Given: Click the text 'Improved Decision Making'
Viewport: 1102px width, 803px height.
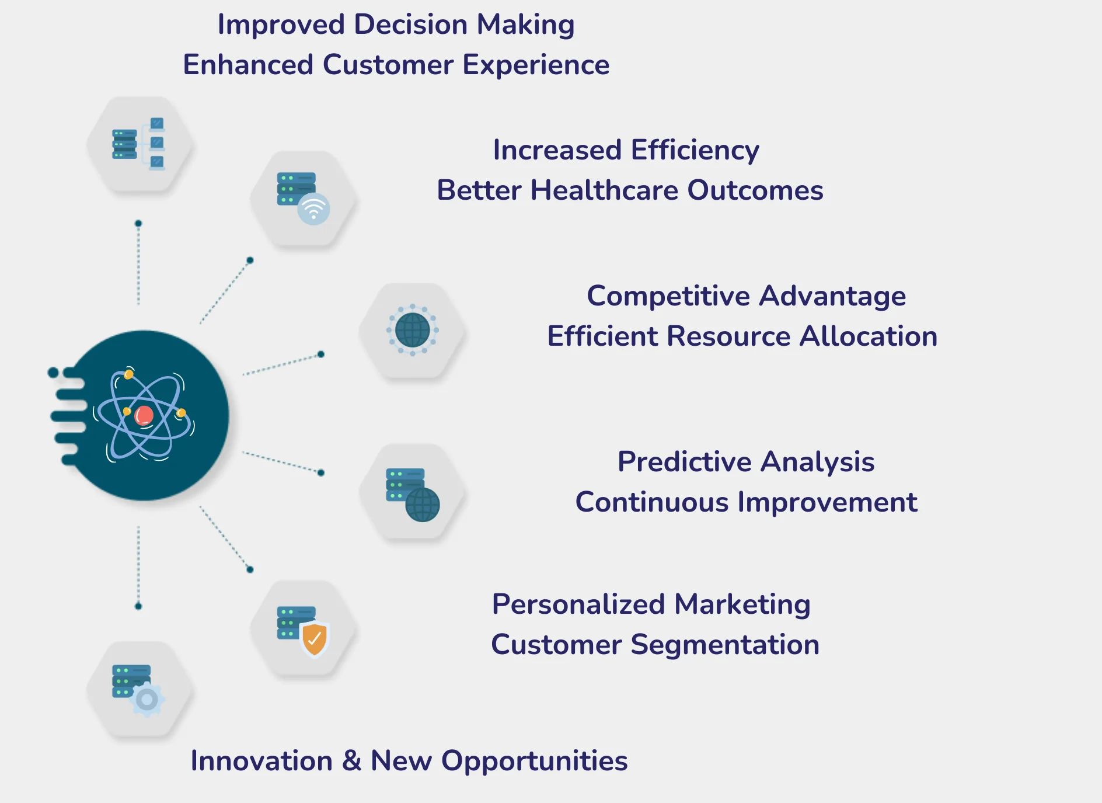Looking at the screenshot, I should pos(396,25).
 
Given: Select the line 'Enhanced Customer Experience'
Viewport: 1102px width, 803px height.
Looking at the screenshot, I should pos(396,65).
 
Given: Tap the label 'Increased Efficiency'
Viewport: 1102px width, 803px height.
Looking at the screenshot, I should pos(626,150).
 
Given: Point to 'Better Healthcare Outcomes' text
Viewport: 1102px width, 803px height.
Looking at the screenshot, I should pos(630,190).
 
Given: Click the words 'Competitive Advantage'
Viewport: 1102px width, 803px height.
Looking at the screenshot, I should pos(746,296).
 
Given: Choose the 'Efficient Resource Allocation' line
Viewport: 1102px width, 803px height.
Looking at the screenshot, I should pos(742,336).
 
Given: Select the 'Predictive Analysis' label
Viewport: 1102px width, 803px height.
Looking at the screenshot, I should pos(746,462).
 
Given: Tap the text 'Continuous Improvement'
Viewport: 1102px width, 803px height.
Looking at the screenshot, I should pos(746,502).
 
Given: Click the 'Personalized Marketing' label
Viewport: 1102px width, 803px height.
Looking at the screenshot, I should pos(651,604).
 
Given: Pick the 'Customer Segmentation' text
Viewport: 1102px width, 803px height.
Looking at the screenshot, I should pos(655,645).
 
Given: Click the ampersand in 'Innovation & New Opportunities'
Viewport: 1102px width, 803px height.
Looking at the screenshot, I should pos(351,761).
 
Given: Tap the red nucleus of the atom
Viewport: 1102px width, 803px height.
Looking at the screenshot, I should pos(144,416).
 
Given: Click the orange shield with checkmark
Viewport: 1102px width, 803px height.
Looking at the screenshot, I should pos(315,639).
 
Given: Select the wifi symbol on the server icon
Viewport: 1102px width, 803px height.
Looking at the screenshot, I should pos(313,208).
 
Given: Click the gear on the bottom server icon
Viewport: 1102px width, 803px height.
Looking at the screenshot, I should pos(147,699).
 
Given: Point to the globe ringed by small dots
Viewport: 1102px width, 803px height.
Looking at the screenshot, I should pos(412,330).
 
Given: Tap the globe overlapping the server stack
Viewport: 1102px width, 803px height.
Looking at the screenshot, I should pos(422,505).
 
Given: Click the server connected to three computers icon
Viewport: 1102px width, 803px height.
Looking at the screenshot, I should pos(139,144).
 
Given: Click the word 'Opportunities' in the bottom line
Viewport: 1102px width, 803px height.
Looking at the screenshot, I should pos(534,761).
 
